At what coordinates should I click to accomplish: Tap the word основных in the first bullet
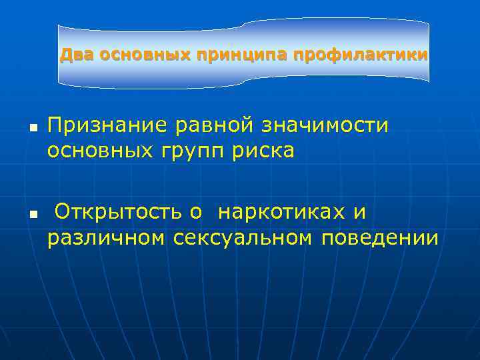pos(98,151)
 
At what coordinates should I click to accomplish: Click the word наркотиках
pos(283,212)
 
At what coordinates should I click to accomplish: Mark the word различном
pos(105,237)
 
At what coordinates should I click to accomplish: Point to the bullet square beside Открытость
pos(32,213)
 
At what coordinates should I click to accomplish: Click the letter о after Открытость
pos(195,213)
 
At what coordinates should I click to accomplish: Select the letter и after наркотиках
pos(360,213)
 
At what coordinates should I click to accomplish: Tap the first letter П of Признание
pos(54,125)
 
